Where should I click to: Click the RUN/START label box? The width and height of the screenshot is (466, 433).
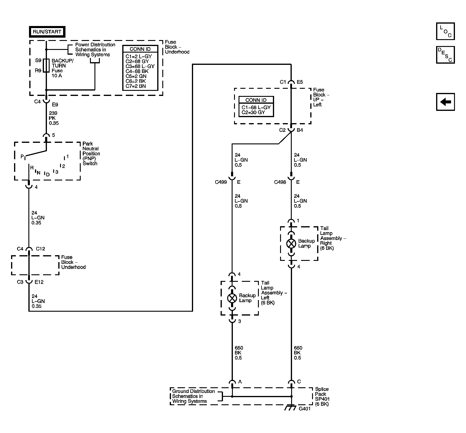tap(47, 32)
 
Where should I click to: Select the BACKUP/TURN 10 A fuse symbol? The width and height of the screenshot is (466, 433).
tap(46, 65)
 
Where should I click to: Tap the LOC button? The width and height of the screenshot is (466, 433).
tap(445, 31)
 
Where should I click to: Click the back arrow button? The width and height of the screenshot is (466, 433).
tap(445, 102)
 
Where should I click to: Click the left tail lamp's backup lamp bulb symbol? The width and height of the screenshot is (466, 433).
tap(232, 298)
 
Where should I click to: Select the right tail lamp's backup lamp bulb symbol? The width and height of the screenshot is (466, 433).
tap(291, 244)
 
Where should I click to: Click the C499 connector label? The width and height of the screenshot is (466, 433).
tap(221, 182)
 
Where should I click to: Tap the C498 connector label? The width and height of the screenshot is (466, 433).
tap(280, 182)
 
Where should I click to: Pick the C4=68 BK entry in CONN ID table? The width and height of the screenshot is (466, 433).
tap(137, 71)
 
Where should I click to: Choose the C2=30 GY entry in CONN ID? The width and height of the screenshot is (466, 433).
tap(253, 113)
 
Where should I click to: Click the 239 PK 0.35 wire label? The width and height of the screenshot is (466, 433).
tap(54, 118)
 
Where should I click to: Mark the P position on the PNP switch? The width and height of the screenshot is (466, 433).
tap(22, 156)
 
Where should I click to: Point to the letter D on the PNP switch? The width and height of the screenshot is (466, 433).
tap(48, 175)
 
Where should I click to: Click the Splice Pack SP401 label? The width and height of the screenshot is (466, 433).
tap(322, 397)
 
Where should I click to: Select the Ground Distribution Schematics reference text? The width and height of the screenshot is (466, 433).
tap(193, 396)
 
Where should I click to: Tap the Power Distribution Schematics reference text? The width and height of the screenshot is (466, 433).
tap(95, 50)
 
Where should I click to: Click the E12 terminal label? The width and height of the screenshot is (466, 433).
tap(39, 282)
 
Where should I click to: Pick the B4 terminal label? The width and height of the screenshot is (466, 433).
tap(300, 130)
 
